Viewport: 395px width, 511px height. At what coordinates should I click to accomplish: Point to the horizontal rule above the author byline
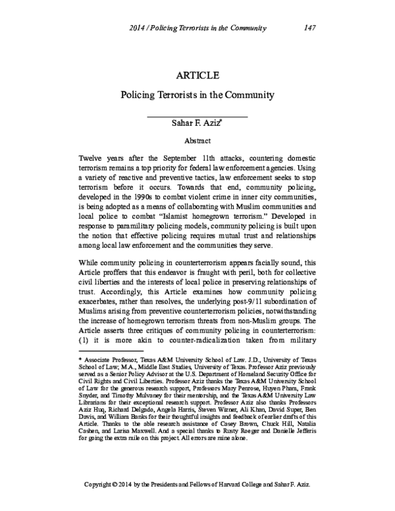(x=197, y=117)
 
